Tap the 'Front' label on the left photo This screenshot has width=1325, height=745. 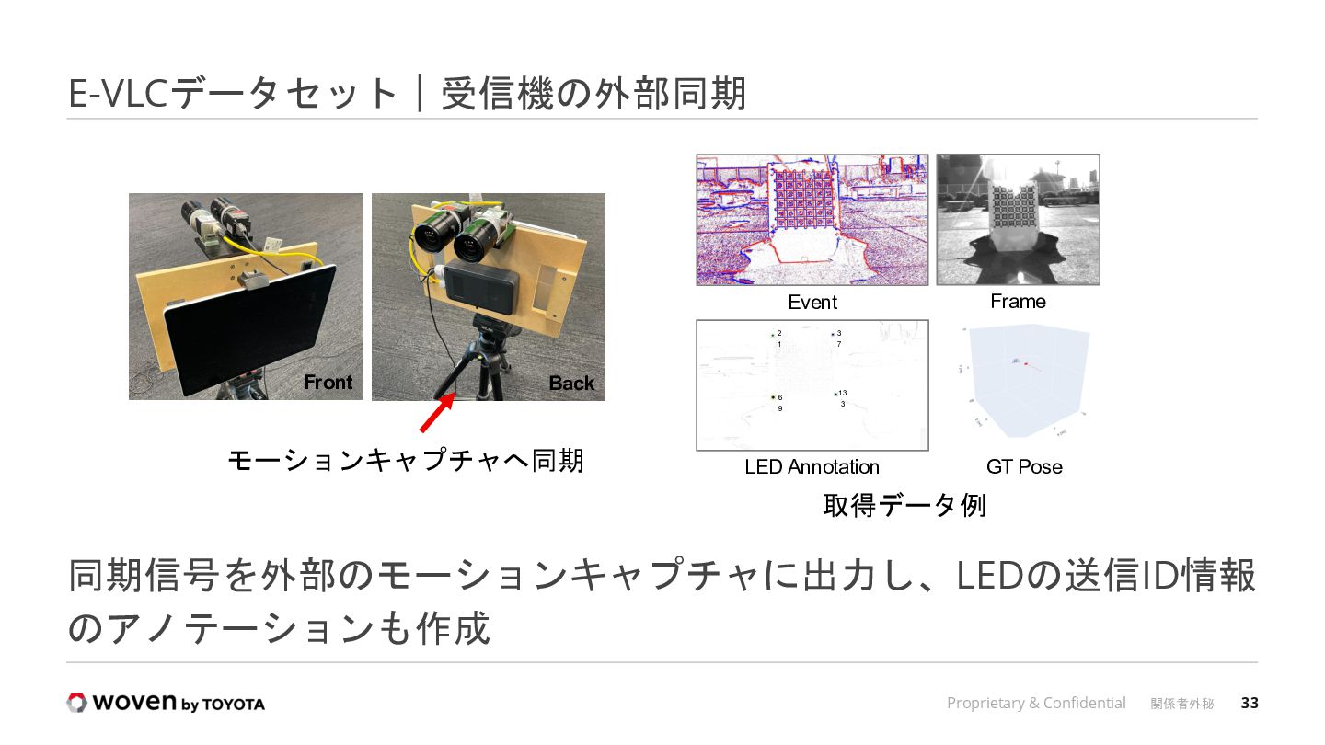pos(328,383)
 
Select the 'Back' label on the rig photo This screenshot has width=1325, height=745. pos(571,384)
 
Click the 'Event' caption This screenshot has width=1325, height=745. pos(812,303)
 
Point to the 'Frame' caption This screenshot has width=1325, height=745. pos(1018,302)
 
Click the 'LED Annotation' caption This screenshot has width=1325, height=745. pos(812,467)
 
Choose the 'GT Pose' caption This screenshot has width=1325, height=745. pos(1024,467)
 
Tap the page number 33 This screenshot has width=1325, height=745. pos(1250,704)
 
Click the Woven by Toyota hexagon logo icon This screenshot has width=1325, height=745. pos(76,703)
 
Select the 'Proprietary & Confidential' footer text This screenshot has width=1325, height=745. pos(1036,704)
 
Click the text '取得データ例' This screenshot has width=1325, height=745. pos(904,506)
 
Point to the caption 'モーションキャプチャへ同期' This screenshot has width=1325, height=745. pos(406,459)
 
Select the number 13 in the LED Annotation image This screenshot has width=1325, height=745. pos(842,394)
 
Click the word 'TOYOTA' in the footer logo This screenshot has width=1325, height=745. pos(234,705)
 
